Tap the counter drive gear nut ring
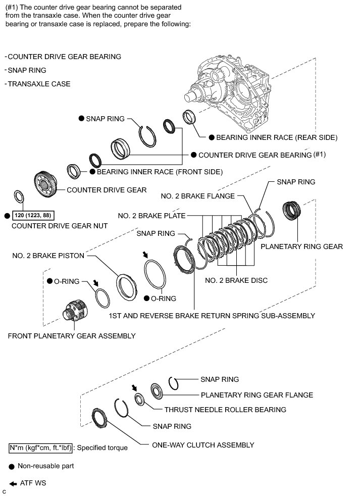[x=19, y=196]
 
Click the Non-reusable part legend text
[x=45, y=466]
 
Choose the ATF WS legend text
[x=33, y=483]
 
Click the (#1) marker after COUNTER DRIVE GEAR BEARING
[x=320, y=155]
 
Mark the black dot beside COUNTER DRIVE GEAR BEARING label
[x=193, y=155]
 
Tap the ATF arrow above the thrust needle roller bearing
[x=134, y=387]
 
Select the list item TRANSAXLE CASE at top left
[x=39, y=84]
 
